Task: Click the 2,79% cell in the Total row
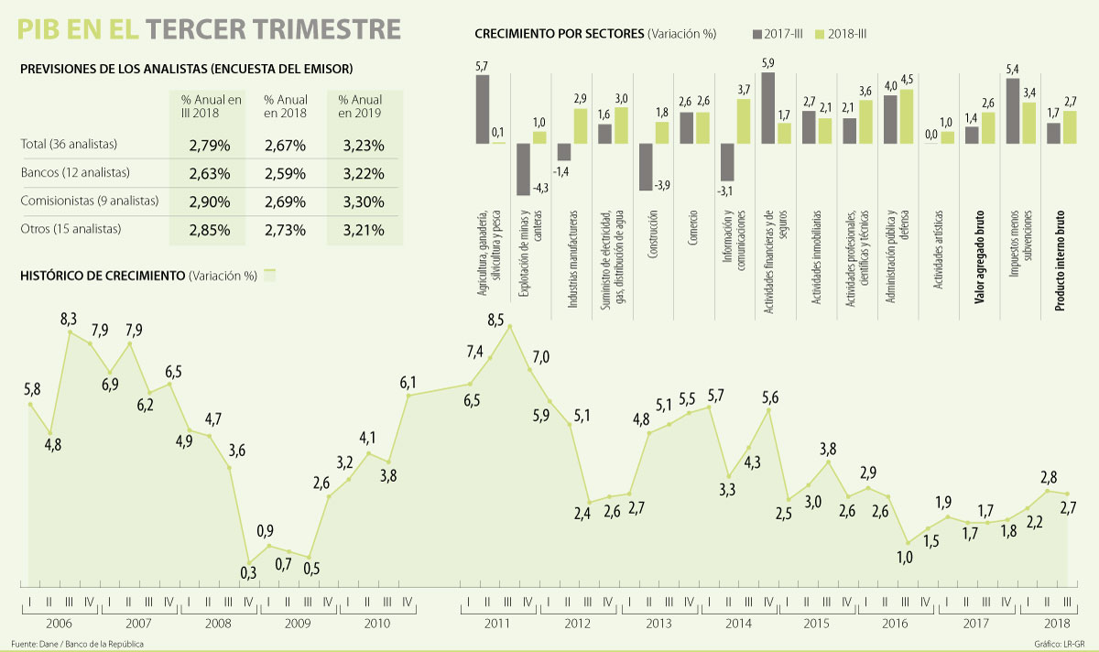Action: (210, 145)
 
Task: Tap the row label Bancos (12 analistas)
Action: (75, 172)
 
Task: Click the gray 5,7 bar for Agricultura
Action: (483, 109)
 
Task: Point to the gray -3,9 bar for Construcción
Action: (646, 167)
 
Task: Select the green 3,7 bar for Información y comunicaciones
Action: (744, 121)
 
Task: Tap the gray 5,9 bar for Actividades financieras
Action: (768, 107)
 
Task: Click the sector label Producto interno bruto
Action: (1060, 265)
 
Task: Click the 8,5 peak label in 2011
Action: (495, 320)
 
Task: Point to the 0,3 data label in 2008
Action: (247, 573)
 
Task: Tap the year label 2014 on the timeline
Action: (738, 623)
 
